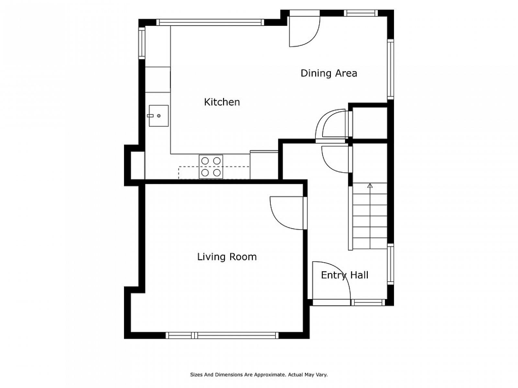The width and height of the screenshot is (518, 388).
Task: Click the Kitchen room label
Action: [222, 102]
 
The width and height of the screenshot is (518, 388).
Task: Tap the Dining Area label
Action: [329, 73]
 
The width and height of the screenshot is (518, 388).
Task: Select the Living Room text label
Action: [227, 256]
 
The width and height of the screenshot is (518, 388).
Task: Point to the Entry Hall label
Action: [344, 275]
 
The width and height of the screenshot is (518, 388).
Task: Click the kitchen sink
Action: [159, 116]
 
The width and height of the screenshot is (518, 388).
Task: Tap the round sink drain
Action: [159, 116]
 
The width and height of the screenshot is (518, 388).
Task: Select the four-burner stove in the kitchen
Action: [211, 167]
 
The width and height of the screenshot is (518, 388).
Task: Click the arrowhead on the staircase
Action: [370, 186]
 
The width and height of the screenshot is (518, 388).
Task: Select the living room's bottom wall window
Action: [222, 335]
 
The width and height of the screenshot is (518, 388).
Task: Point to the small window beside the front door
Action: [368, 303]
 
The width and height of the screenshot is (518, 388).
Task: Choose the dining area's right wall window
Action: [390, 69]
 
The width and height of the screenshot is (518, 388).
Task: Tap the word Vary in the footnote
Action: [321, 374]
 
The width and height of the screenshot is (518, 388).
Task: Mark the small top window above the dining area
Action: [361, 13]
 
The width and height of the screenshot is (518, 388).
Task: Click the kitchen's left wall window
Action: [141, 43]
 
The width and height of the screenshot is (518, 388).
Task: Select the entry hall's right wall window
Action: [390, 264]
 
